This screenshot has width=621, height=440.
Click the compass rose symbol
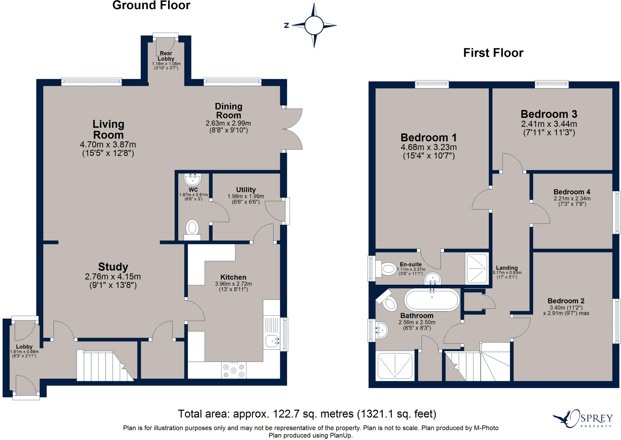click(x=314, y=25)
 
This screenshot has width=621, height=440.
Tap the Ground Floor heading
click(x=151, y=5)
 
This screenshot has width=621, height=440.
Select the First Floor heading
click(x=493, y=53)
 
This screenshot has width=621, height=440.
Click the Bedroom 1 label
click(x=429, y=137)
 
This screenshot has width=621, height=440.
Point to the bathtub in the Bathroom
click(x=432, y=300)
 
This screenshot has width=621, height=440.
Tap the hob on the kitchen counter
click(x=233, y=370)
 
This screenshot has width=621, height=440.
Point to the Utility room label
click(x=246, y=190)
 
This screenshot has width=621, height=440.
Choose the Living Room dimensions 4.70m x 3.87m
click(x=108, y=145)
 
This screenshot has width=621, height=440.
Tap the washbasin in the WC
click(x=193, y=179)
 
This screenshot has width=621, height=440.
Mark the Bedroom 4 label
click(x=572, y=192)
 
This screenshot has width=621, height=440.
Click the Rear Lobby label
click(x=166, y=56)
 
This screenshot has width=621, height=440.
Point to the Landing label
click(x=507, y=268)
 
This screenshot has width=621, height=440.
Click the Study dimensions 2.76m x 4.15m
click(x=113, y=277)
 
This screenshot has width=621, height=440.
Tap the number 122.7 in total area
click(x=286, y=414)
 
